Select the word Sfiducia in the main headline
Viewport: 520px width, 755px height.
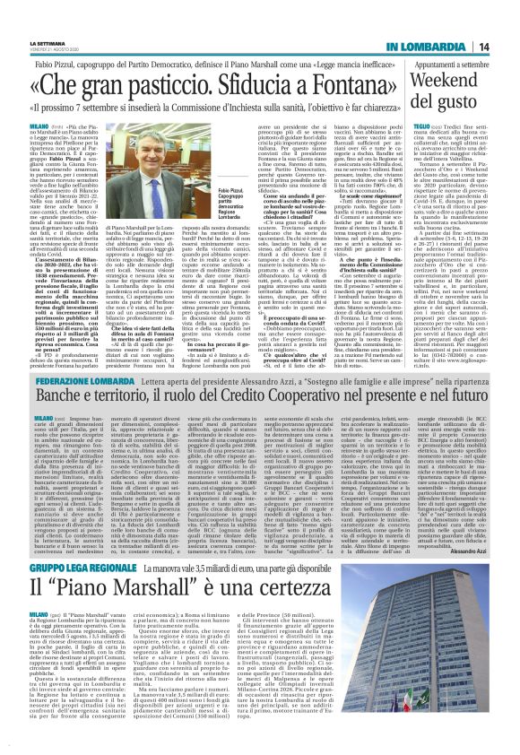(x=264, y=88)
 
